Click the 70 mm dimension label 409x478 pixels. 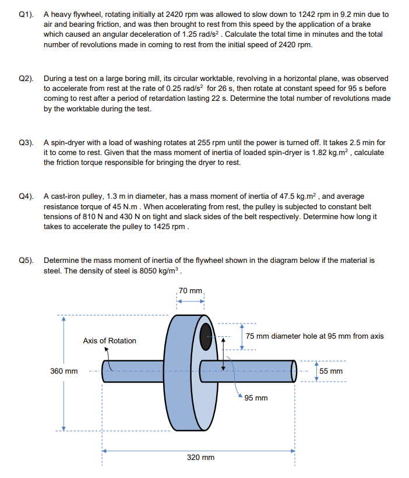(x=191, y=290)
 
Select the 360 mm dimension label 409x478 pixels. (x=64, y=371)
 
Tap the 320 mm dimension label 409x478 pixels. (x=200, y=458)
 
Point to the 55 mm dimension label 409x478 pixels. (x=331, y=371)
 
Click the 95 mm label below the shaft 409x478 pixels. (x=256, y=398)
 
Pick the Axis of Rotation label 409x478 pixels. (x=110, y=340)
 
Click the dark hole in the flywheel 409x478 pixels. (x=207, y=336)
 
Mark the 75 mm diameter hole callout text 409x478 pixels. (x=314, y=336)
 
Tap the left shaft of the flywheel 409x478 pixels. (x=133, y=371)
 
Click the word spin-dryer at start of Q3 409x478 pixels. (x=68, y=142)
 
